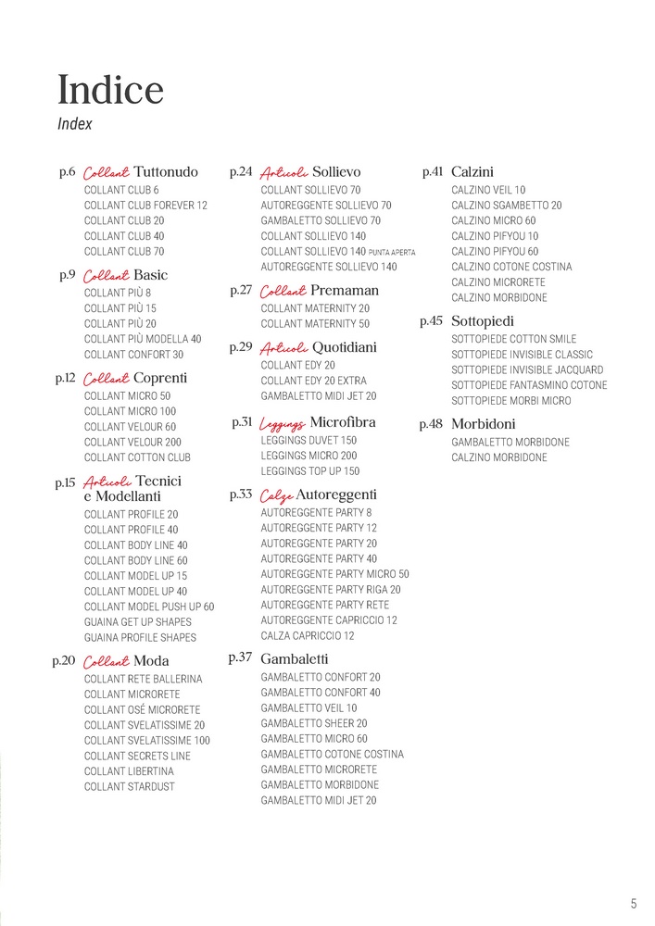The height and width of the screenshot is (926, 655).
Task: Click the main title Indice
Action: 110,90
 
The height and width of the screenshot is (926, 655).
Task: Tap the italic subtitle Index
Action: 75,123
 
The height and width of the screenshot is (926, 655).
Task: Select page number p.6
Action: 67,171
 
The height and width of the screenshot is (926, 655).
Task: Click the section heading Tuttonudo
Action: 166,172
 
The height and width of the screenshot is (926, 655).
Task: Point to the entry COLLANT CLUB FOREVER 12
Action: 145,205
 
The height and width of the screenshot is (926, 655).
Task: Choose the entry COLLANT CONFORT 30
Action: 133,355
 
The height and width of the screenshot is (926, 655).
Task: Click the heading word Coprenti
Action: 160,378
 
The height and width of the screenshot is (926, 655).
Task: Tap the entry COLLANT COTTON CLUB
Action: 137,457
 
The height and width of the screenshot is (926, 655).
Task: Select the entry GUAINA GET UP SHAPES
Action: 138,622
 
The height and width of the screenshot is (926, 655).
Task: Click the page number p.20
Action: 64,660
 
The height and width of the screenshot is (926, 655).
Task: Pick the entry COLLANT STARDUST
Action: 129,787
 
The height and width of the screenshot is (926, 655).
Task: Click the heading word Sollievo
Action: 336,171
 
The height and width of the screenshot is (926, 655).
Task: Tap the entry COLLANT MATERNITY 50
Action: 315,324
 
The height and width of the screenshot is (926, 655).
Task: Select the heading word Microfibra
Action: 343,422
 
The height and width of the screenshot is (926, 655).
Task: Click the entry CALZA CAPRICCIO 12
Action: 308,636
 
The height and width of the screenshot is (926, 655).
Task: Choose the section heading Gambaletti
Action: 295,658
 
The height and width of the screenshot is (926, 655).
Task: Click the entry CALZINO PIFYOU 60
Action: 495,251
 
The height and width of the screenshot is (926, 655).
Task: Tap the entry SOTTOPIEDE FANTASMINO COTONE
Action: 529,385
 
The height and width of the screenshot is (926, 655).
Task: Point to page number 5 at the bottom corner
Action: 634,904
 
